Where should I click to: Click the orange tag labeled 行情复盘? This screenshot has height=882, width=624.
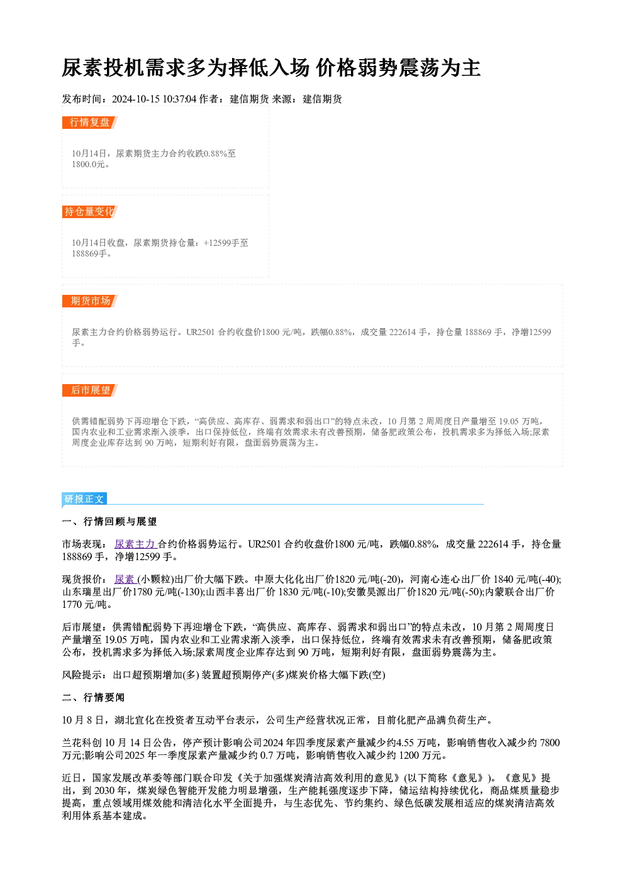click(90, 123)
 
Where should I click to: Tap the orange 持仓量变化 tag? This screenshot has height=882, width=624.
click(90, 212)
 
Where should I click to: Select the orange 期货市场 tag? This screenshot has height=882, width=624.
click(90, 301)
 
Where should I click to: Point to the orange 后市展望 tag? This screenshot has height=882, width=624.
click(90, 390)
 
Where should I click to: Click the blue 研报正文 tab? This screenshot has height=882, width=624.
click(84, 499)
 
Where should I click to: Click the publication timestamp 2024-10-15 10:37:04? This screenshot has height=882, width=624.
click(154, 99)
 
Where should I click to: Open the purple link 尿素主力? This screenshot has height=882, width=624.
click(135, 544)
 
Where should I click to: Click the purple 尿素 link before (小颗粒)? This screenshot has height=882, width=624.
click(125, 580)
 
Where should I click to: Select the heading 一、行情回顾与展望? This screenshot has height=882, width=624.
click(109, 522)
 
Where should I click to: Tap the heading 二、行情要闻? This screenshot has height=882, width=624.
click(93, 698)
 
